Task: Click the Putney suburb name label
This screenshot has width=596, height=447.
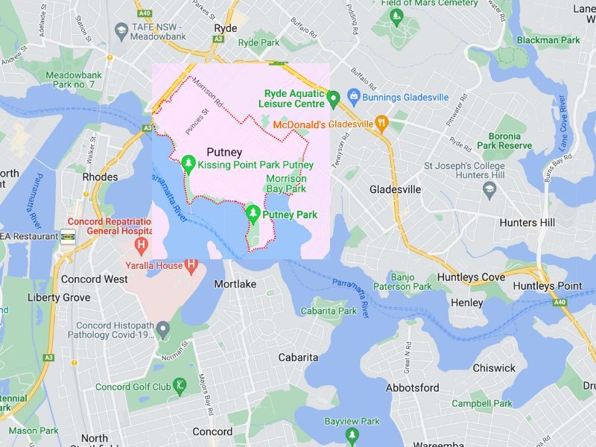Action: [x=224, y=152]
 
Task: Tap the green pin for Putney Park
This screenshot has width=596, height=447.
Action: [x=253, y=214]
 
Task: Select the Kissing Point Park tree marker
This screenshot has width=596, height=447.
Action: [x=188, y=162]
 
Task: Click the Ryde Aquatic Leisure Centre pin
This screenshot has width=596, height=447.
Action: [x=334, y=97]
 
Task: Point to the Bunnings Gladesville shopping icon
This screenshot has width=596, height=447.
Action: [x=353, y=97]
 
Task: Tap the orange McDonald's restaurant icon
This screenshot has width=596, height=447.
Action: [x=381, y=124]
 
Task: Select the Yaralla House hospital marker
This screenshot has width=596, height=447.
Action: [x=191, y=264]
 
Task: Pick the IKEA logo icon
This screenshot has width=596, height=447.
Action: [x=68, y=236]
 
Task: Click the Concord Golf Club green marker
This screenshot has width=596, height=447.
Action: [x=180, y=386]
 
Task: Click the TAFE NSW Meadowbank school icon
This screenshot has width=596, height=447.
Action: [x=121, y=29]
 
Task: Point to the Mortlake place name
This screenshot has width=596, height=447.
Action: [x=235, y=285]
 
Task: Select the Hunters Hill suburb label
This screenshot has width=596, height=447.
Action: [x=528, y=222]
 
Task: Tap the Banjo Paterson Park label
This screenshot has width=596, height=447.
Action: [x=412, y=282]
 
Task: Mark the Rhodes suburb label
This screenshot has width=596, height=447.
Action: [x=100, y=177]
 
